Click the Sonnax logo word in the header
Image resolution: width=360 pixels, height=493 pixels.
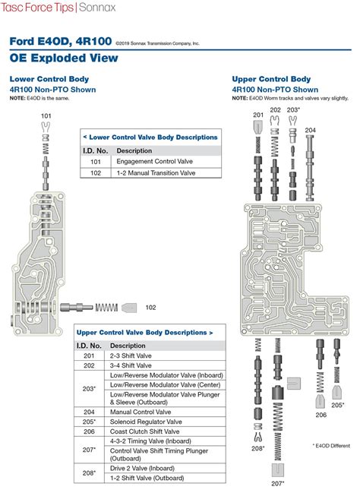pyautogui.click(x=97, y=8)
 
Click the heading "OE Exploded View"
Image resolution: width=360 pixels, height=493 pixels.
pyautogui.click(x=64, y=58)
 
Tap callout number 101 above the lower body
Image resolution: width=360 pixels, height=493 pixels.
pyautogui.click(x=46, y=115)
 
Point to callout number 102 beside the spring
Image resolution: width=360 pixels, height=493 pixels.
pyautogui.click(x=150, y=307)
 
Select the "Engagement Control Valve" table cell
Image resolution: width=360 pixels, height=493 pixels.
pyautogui.click(x=154, y=161)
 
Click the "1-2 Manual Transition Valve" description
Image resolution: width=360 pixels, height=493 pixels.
pyautogui.click(x=156, y=173)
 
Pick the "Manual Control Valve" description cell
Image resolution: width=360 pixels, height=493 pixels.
pyautogui.click(x=141, y=412)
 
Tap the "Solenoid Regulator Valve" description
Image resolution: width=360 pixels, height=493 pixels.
pyautogui.click(x=146, y=422)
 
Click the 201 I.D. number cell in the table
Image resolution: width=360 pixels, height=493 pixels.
pyautogui.click(x=89, y=356)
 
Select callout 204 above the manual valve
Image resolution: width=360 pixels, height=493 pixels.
pyautogui.click(x=310, y=130)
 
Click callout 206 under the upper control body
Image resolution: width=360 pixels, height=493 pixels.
pyautogui.click(x=321, y=415)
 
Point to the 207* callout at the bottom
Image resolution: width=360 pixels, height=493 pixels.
pyautogui.click(x=278, y=484)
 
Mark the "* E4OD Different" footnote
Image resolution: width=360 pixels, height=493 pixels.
pyautogui.click(x=331, y=446)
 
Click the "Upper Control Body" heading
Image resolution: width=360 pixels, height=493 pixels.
pyautogui.click(x=271, y=79)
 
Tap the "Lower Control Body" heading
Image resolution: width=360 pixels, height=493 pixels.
pyautogui.click(x=49, y=79)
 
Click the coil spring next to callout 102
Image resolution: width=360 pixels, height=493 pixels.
pyautogui.click(x=106, y=307)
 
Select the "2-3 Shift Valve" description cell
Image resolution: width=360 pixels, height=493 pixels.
pyautogui.click(x=131, y=356)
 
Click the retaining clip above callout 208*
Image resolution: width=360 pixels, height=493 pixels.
pyautogui.click(x=257, y=438)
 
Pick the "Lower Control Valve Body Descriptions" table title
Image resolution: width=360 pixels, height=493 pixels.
pyautogui.click(x=150, y=137)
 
